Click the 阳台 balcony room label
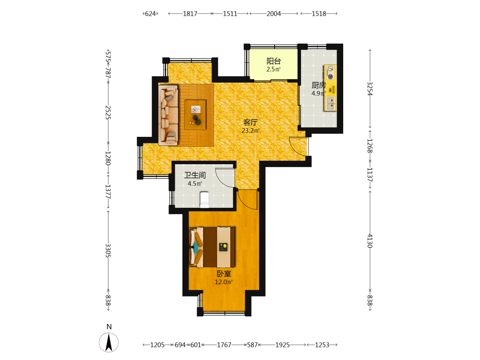pyautogui.click(x=274, y=61)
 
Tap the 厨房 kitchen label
pyautogui.click(x=318, y=85)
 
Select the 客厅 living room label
pyautogui.click(x=251, y=122)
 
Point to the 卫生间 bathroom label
pyautogui.click(x=195, y=175)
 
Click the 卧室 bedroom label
pyautogui.click(x=224, y=274)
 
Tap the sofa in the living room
pyautogui.click(x=168, y=115)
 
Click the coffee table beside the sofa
pyautogui.click(x=195, y=115)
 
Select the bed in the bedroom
pyautogui.click(x=213, y=247)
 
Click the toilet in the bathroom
pyautogui.click(x=204, y=200)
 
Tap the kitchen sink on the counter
pyautogui.click(x=330, y=104)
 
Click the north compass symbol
pyautogui.click(x=108, y=342)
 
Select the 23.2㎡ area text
pyautogui.click(x=251, y=131)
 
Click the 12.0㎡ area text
pyautogui.click(x=224, y=282)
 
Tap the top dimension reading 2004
pyautogui.click(x=274, y=13)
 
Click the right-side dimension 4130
pyautogui.click(x=370, y=241)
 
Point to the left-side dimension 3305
pyautogui.click(x=108, y=251)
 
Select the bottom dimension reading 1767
pyautogui.click(x=224, y=345)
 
